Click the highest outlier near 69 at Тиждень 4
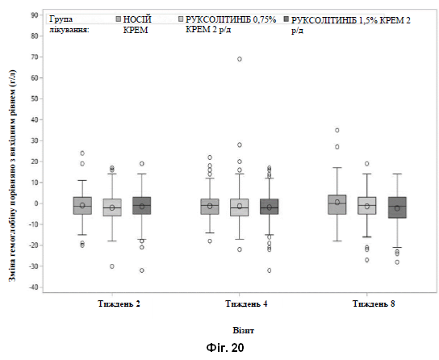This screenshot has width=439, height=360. (240, 59)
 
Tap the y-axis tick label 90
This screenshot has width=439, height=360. (35, 15)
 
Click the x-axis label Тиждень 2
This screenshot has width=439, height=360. (119, 303)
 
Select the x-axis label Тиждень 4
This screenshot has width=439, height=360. (246, 303)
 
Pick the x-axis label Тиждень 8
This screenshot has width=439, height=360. (374, 303)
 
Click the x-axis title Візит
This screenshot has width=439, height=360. (243, 330)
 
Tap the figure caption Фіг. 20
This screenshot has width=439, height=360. (225, 348)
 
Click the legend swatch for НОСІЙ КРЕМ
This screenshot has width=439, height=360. (119, 19)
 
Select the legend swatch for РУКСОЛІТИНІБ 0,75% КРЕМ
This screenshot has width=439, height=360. (181, 19)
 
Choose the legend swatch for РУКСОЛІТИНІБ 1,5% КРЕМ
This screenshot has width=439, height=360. (286, 19)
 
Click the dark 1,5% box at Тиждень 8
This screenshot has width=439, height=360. (397, 207)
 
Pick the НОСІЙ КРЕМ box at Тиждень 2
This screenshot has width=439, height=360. (82, 206)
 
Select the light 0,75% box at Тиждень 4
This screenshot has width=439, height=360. (240, 207)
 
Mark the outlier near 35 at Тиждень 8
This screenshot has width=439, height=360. (337, 130)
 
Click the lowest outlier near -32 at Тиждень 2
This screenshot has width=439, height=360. (142, 270)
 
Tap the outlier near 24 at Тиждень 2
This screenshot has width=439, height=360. (82, 153)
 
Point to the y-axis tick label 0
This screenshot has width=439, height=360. (36, 203)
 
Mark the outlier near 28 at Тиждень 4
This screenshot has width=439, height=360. (240, 144)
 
